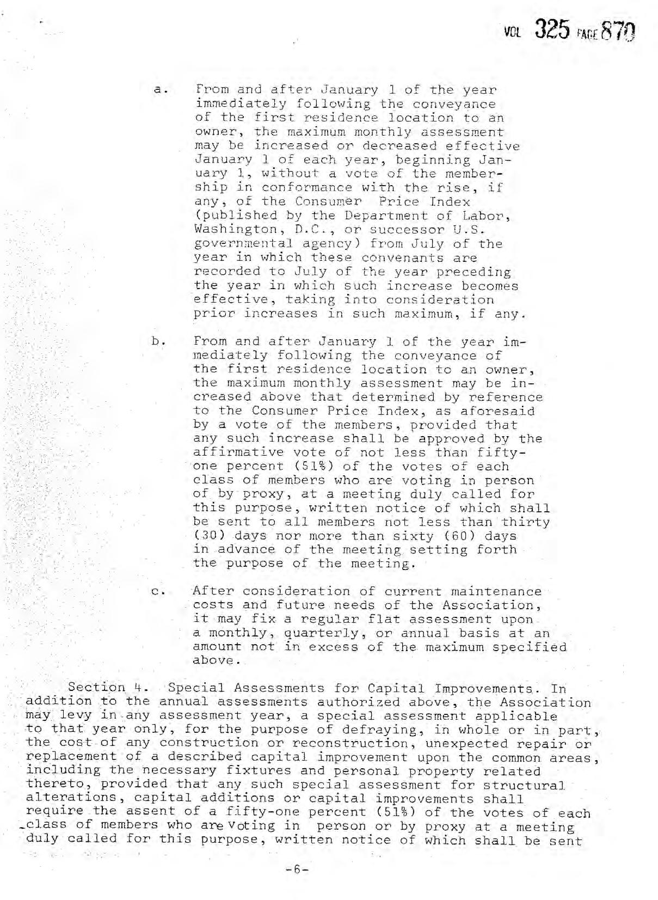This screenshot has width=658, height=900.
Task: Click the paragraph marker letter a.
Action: pos(158,90)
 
